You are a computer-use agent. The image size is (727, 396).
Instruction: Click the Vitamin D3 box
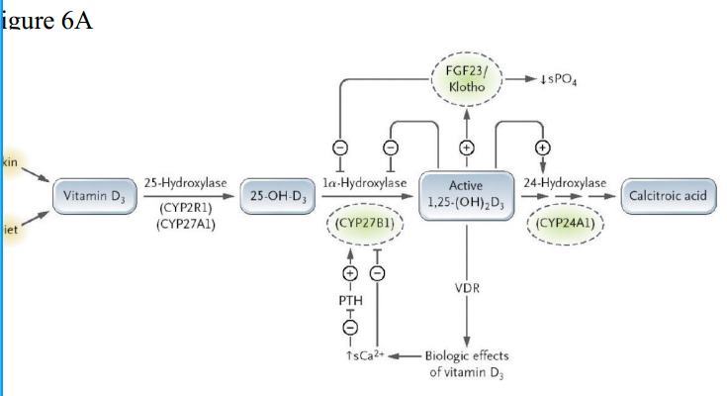pyautogui.click(x=95, y=195)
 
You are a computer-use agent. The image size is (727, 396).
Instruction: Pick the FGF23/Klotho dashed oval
pyautogui.click(x=467, y=78)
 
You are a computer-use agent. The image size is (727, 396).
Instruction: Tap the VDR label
pyautogui.click(x=466, y=288)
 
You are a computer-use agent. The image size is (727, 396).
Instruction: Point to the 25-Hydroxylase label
pyautogui.click(x=186, y=183)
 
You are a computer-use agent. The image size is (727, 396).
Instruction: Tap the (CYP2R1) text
pyautogui.click(x=186, y=208)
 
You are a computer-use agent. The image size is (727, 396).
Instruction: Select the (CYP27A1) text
pyautogui.click(x=186, y=224)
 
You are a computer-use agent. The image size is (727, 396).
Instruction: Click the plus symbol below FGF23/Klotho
pyautogui.click(x=466, y=148)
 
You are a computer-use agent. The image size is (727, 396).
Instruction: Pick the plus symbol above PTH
pyautogui.click(x=350, y=273)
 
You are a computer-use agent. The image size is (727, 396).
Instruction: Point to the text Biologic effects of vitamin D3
pyautogui.click(x=468, y=363)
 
